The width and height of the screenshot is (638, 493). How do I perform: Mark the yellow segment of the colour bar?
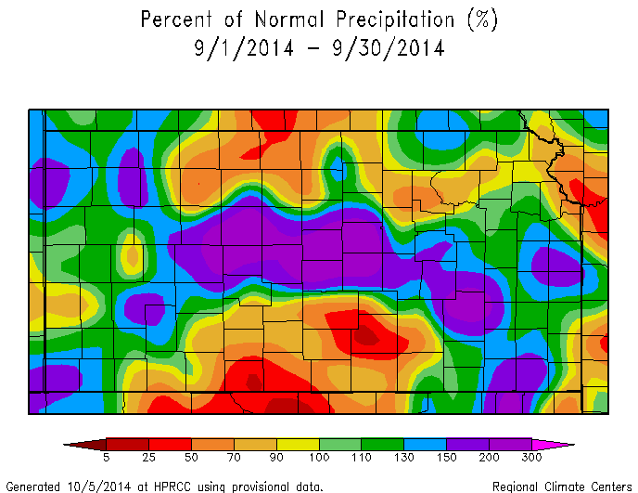298,444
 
